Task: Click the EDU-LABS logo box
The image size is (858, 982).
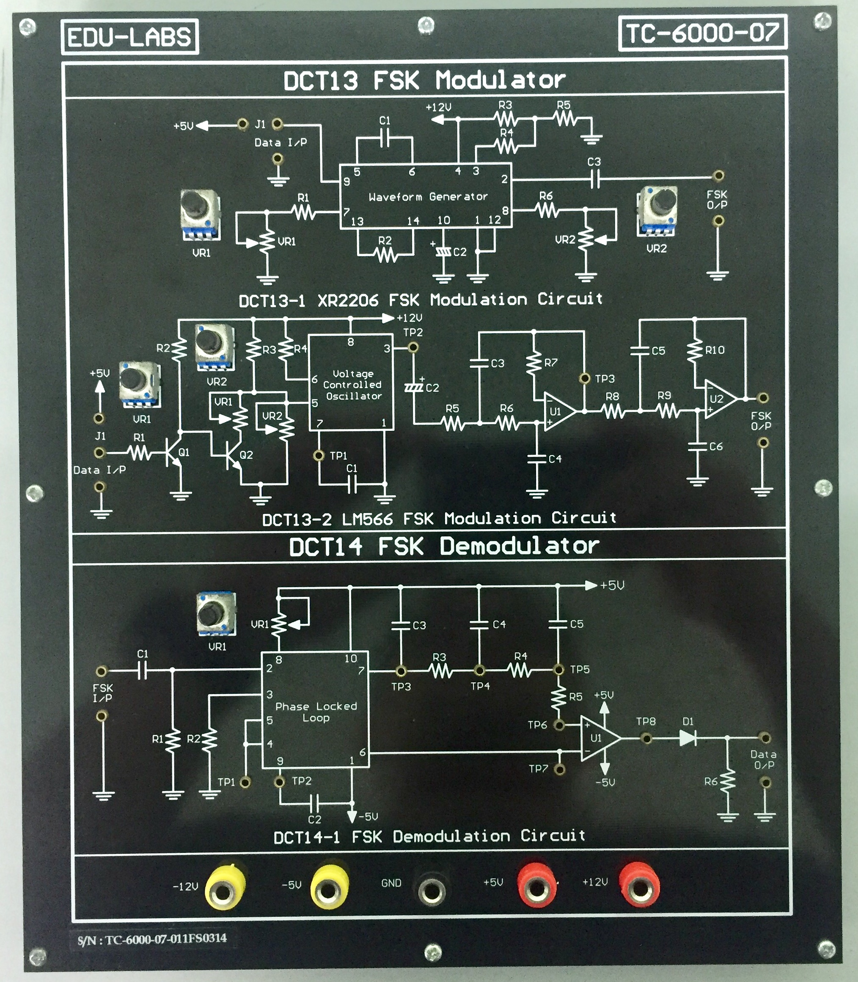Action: click(x=130, y=37)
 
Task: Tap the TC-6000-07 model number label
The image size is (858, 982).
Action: click(x=702, y=33)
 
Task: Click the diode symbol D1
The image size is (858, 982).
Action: click(x=688, y=738)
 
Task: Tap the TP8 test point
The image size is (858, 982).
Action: click(x=646, y=738)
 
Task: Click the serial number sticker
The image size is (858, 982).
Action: click(x=151, y=938)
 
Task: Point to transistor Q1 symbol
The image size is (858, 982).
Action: click(x=172, y=452)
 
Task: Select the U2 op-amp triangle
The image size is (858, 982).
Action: click(x=718, y=399)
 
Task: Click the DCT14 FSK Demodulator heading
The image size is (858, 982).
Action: click(x=443, y=546)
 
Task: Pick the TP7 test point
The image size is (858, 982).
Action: click(x=559, y=770)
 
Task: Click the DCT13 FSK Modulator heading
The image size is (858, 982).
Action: click(x=424, y=80)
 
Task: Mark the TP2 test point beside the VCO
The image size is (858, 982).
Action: click(x=413, y=347)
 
